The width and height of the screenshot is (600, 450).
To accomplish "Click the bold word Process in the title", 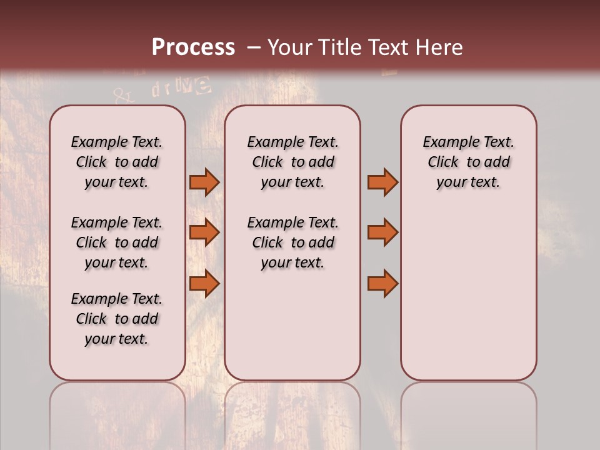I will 193,47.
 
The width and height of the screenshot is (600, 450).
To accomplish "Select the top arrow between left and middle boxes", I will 204,182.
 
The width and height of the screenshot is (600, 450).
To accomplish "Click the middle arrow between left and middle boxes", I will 204,232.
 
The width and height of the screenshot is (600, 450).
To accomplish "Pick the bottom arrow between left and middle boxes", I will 204,284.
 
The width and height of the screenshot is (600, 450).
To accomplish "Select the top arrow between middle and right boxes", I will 382,182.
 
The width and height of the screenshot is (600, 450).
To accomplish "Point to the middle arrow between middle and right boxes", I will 382,232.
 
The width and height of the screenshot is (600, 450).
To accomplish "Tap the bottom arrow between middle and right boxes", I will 382,284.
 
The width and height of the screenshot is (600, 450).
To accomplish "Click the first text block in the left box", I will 117,162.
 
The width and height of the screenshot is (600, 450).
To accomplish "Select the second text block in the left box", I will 117,242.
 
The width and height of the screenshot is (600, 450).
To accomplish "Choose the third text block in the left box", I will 117,319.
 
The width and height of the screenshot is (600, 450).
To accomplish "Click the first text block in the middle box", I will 292,162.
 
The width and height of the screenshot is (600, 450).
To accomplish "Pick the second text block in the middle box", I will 292,242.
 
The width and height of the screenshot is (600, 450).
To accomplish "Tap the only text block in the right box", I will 469,162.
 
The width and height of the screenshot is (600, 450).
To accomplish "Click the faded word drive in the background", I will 181,88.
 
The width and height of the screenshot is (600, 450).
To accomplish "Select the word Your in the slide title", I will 291,47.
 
